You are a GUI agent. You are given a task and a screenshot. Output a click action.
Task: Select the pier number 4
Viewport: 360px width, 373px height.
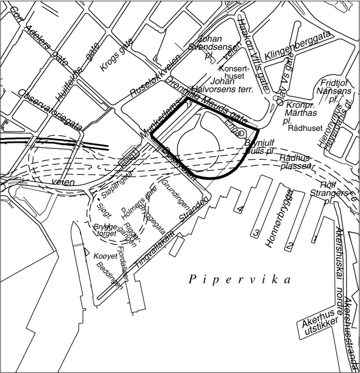coord(240,209)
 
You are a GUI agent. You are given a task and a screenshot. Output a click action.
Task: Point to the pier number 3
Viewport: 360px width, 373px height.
coord(256,233)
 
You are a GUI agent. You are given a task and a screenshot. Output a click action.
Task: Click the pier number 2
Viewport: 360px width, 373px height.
coord(291,244)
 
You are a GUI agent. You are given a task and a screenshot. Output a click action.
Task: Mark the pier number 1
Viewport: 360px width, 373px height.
coord(315,238)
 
